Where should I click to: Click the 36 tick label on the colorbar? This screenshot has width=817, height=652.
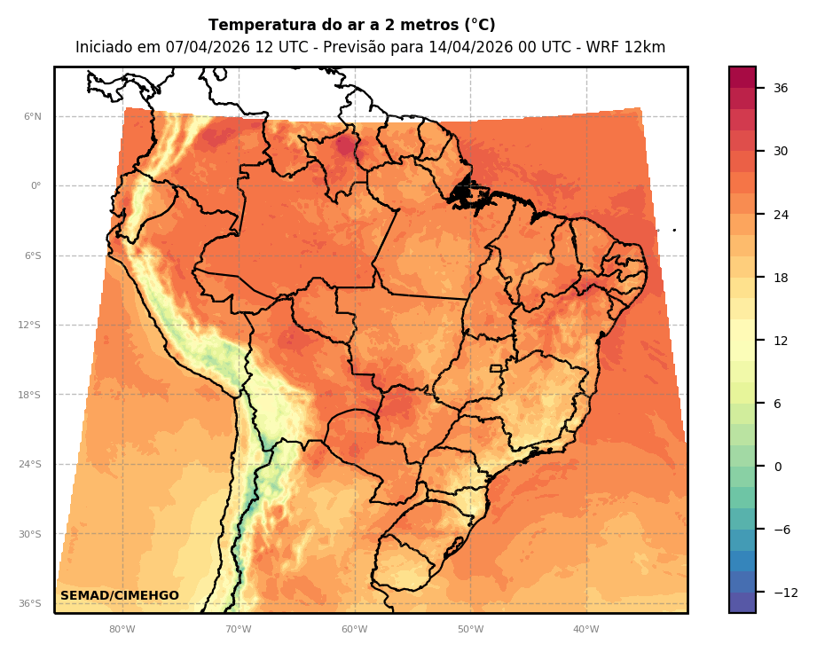781,88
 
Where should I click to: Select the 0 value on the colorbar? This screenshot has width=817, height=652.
777,467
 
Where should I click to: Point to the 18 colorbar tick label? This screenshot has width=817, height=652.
781,278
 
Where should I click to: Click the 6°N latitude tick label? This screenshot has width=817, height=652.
33,116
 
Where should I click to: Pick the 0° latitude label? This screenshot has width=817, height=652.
36,186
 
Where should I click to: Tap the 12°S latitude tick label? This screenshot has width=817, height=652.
29,326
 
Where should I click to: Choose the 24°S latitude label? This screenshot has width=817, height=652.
29,465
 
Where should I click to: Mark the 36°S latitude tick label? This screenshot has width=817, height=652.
29,604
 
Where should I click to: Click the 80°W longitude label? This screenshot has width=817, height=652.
122,630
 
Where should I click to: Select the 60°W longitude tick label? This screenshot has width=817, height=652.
354,630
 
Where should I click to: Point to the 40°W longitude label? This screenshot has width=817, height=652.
585,630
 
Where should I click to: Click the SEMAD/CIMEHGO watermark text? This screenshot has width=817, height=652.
120,596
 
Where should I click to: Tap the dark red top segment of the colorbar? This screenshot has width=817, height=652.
742,77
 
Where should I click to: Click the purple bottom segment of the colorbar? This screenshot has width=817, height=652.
742,602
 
